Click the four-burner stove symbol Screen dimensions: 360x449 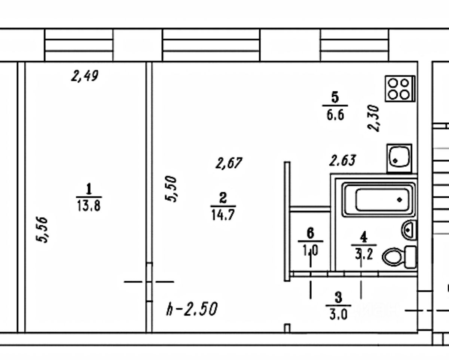pyautogui.click(x=399, y=89)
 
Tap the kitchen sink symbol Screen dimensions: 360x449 pyautogui.click(x=399, y=158)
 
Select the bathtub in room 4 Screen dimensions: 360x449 pyautogui.click(x=380, y=199)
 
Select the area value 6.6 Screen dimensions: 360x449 pyautogui.click(x=335, y=114)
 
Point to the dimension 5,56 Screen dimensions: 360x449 pyautogui.click(x=43, y=230)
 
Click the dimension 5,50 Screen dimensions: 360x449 pyautogui.click(x=171, y=189)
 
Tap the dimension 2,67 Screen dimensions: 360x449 pyautogui.click(x=229, y=163)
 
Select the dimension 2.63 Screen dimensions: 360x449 pyautogui.click(x=342, y=160)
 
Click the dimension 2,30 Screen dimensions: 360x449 pyautogui.click(x=374, y=118)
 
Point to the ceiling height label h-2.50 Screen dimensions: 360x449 pyautogui.click(x=192, y=310)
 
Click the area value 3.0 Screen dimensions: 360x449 pyautogui.click(x=338, y=314)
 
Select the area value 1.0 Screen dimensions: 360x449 pyautogui.click(x=311, y=250)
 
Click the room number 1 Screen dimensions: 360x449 pyautogui.click(x=89, y=189)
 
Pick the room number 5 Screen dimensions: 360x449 pyautogui.click(x=335, y=98)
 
